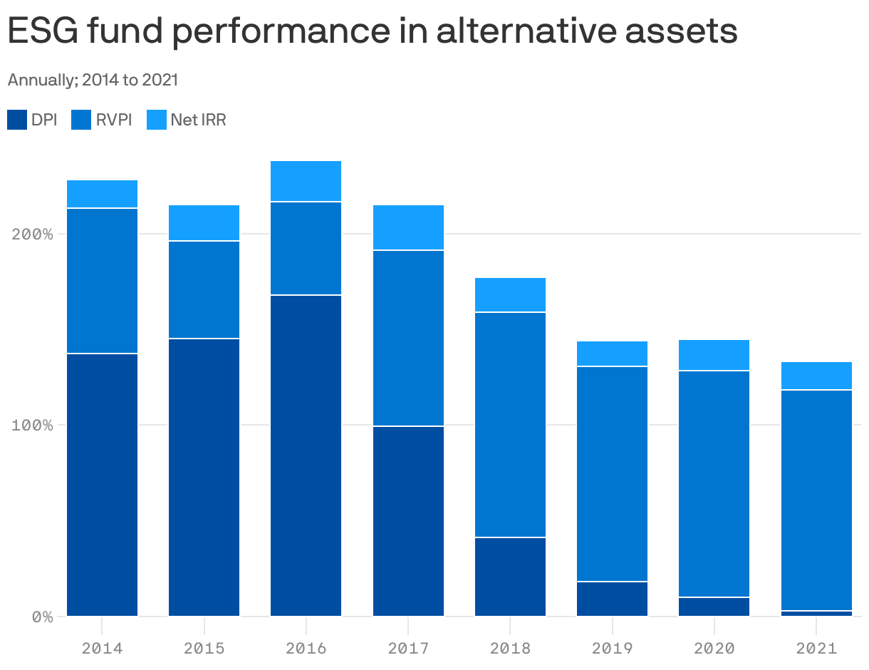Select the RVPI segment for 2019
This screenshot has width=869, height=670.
[x=612, y=473]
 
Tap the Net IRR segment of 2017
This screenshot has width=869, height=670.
[x=408, y=227]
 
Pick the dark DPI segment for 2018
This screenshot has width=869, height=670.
[x=510, y=576]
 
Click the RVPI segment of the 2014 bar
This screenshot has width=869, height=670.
[x=102, y=281]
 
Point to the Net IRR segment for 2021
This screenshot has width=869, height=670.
[x=816, y=376]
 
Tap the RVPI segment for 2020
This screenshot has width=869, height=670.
[x=714, y=483]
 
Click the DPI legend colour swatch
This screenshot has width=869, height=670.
[x=17, y=120]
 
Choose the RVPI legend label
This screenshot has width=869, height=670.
[x=114, y=120]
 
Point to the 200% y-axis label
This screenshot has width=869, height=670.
[x=33, y=234]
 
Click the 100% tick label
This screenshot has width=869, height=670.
[x=33, y=425]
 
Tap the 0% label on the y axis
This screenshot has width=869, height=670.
[x=41, y=617]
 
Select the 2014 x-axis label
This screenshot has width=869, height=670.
[x=102, y=648]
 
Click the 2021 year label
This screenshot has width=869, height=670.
[x=816, y=648]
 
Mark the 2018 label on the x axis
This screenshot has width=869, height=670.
[x=510, y=648]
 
